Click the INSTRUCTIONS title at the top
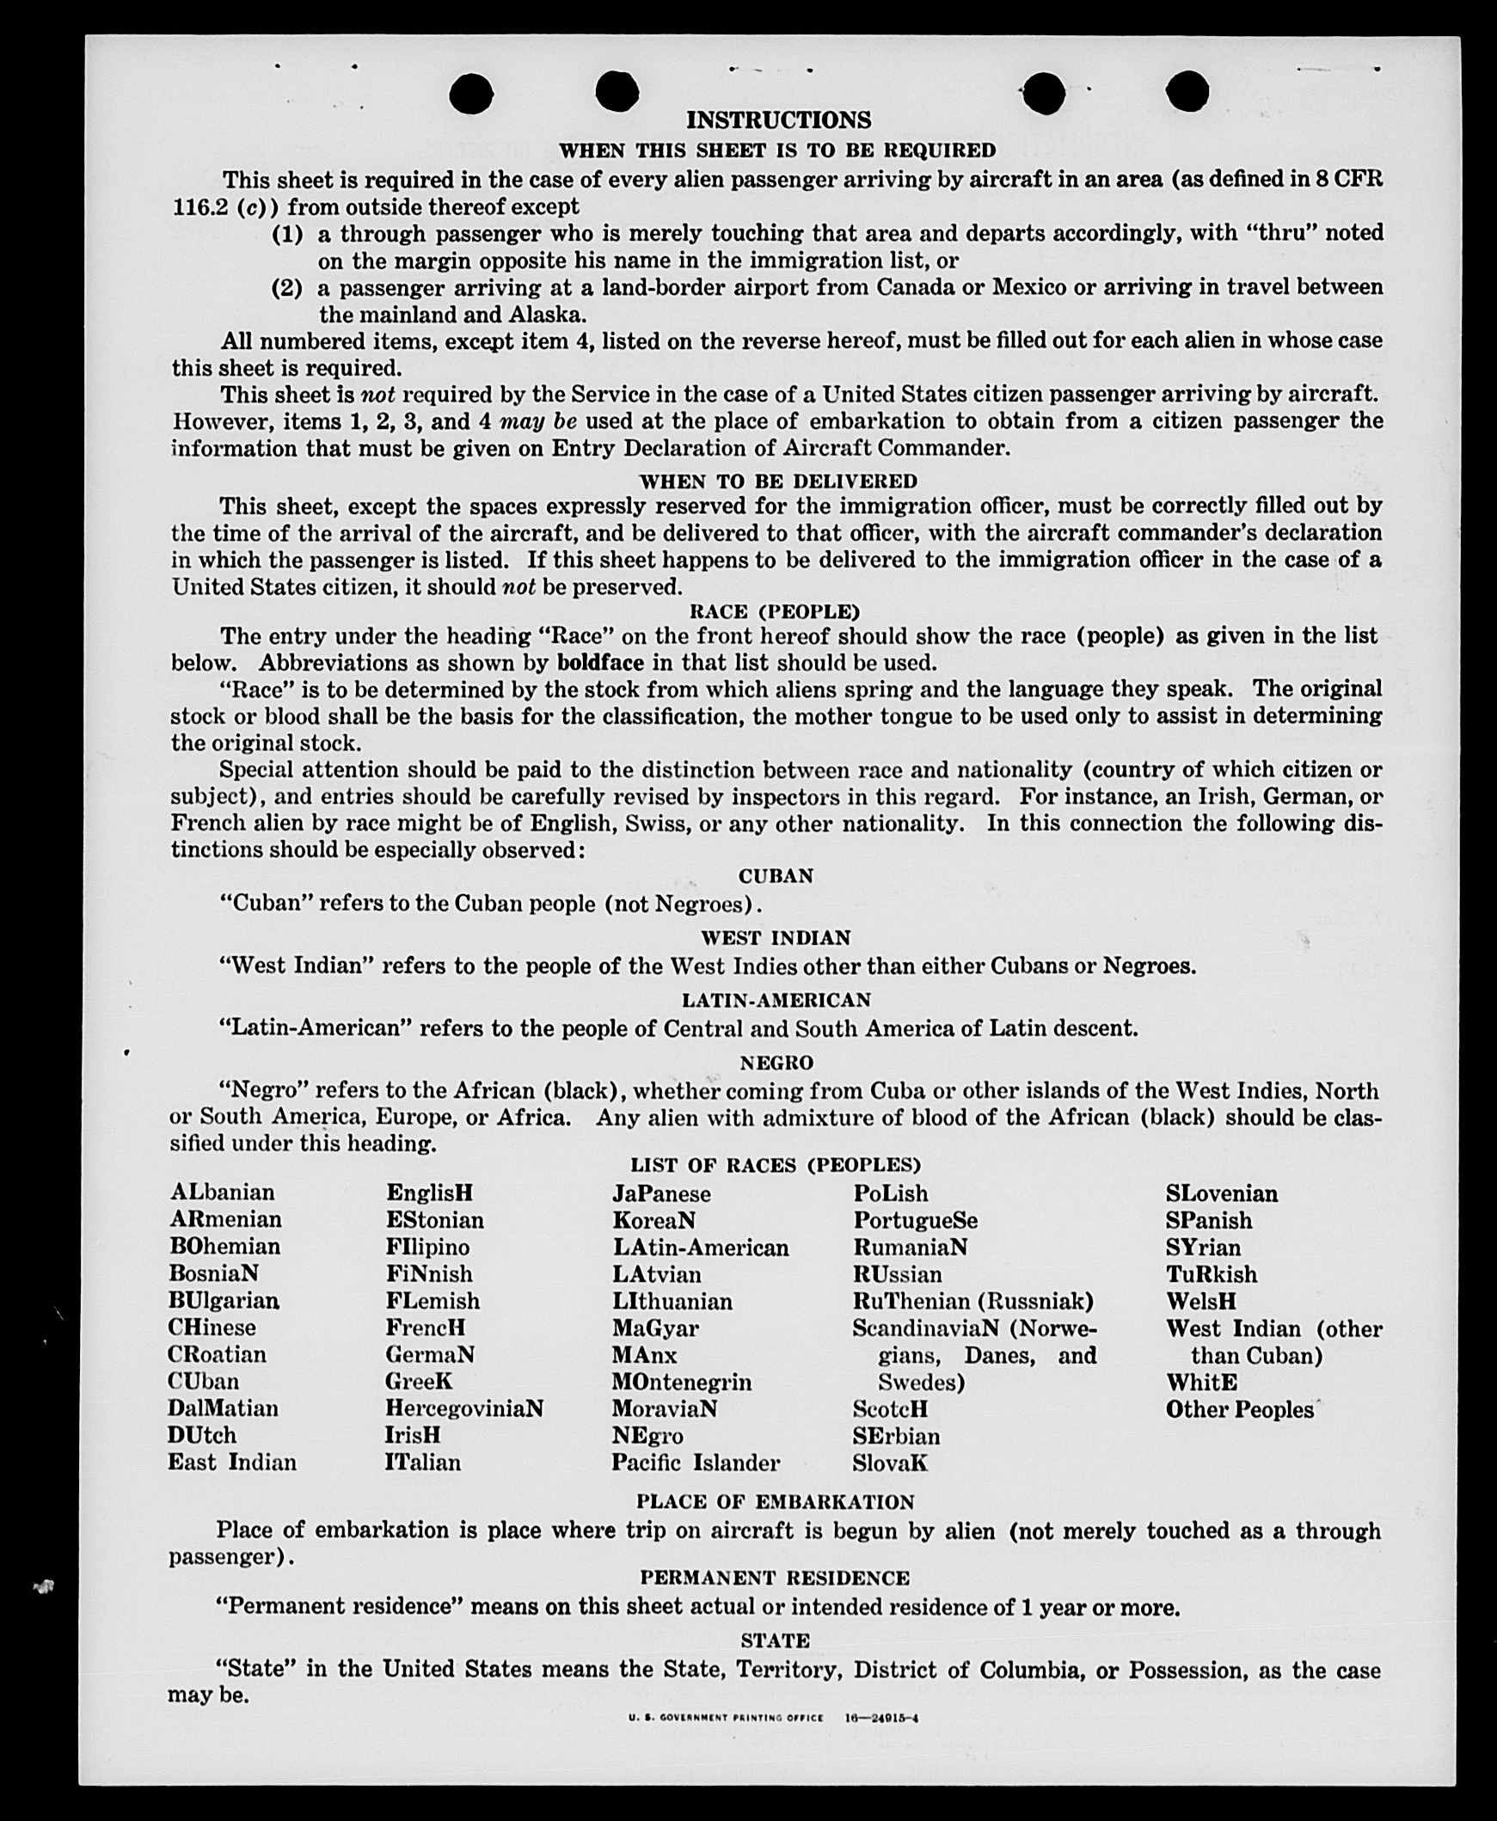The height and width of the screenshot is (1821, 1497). click(778, 120)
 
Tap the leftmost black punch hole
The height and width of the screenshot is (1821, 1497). click(472, 93)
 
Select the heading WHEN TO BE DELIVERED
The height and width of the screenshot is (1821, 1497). click(778, 481)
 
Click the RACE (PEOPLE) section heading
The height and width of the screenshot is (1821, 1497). click(775, 611)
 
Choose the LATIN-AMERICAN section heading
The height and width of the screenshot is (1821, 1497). click(776, 1000)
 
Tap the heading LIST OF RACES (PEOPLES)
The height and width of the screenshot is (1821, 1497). click(776, 1165)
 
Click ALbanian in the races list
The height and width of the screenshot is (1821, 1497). click(223, 1193)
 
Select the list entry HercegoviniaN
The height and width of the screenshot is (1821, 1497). click(464, 1408)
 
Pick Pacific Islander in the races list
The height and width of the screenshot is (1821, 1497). click(696, 1462)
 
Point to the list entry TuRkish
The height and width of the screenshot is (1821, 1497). click(1211, 1274)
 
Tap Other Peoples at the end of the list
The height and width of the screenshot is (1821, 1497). click(1239, 1409)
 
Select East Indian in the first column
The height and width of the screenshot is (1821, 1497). click(232, 1462)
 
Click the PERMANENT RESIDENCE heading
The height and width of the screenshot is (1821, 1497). click(775, 1578)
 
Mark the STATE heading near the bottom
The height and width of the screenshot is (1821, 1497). click(775, 1640)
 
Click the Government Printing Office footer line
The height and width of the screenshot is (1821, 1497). click(774, 1718)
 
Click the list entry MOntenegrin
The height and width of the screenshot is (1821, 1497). click(681, 1383)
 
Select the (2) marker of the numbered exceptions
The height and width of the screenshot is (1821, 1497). click(287, 287)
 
